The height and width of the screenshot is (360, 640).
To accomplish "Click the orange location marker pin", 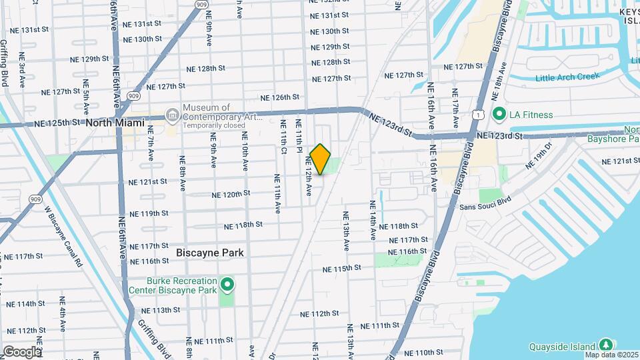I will (x=320, y=159).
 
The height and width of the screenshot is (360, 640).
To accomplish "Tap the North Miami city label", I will (x=115, y=123).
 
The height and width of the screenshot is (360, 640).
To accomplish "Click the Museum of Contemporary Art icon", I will (x=173, y=115).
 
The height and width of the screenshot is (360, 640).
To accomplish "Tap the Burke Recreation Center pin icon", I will (x=227, y=286).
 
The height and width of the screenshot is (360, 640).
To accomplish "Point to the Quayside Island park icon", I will (x=606, y=345).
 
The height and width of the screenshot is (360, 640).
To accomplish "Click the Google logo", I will (x=21, y=352).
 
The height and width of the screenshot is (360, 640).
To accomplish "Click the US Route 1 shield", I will (x=479, y=115).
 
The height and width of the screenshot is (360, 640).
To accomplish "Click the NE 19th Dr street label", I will (x=540, y=155).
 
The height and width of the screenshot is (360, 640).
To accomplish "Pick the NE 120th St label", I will (x=231, y=194).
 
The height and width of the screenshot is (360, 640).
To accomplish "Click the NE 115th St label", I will (x=341, y=269).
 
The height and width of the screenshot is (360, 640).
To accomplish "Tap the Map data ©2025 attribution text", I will (x=611, y=355).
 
